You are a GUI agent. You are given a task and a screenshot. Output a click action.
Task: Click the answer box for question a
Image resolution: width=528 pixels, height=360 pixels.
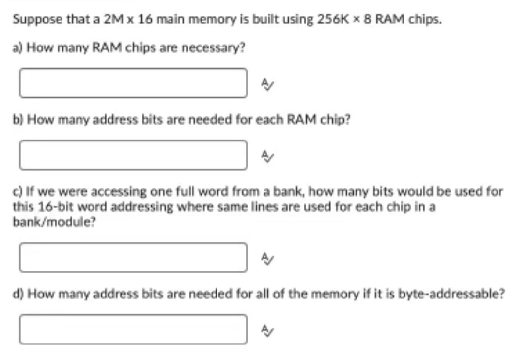point(133,83)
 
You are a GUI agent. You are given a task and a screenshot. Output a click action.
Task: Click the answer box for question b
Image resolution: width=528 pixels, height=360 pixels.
point(133,155)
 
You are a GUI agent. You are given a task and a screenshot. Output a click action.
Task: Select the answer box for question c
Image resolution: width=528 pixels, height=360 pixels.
point(133,257)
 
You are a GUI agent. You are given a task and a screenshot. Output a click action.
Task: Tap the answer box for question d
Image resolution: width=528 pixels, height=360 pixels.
point(133,329)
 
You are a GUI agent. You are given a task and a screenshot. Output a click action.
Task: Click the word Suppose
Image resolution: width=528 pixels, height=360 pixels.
point(32,20)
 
